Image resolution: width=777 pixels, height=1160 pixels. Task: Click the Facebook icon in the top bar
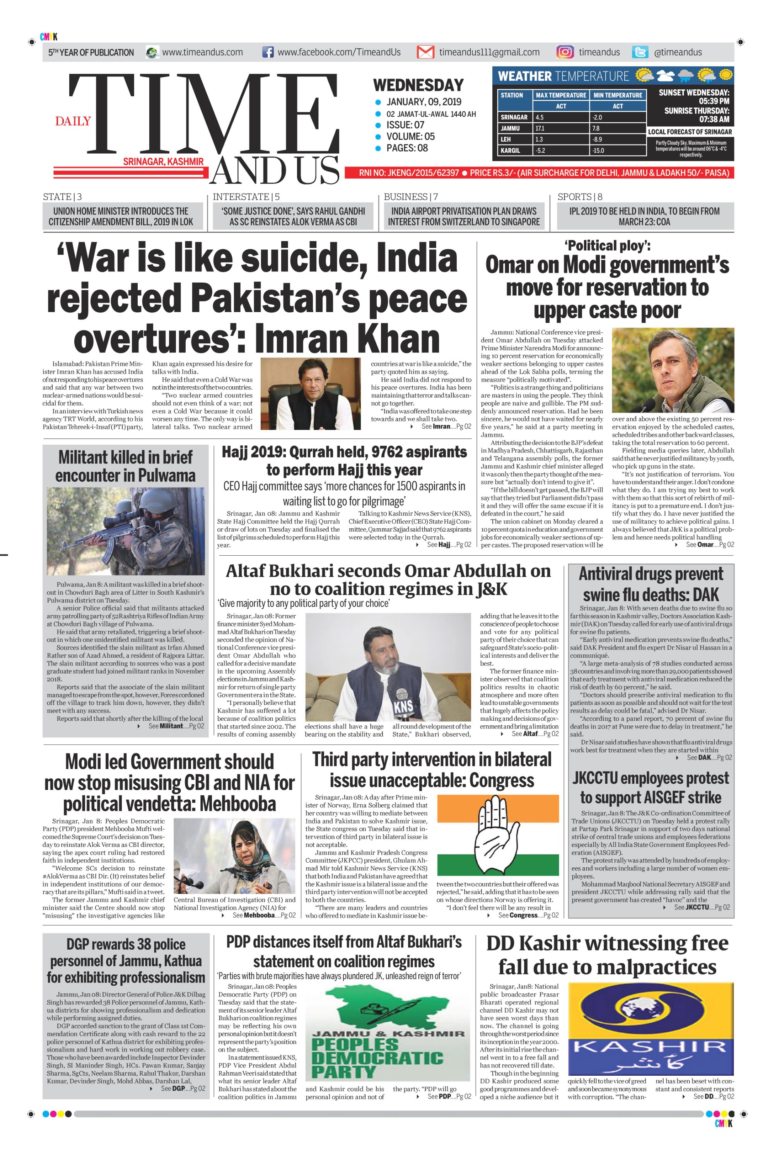[267, 53]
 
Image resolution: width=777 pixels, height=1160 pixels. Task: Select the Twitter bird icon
[640, 52]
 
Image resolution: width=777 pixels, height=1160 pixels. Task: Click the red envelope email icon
[425, 52]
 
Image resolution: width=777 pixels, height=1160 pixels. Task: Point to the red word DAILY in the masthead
[73, 121]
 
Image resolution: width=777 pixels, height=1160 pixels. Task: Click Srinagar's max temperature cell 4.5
[540, 118]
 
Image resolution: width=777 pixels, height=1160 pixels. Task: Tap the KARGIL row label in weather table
[511, 150]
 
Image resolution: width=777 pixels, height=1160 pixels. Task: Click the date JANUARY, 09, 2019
[424, 102]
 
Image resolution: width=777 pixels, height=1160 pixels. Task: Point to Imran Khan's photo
[311, 394]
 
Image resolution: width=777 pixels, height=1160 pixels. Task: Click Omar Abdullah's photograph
[673, 370]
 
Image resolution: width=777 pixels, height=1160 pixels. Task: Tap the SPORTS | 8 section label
[580, 197]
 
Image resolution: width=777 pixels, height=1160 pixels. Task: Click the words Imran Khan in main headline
[347, 339]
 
